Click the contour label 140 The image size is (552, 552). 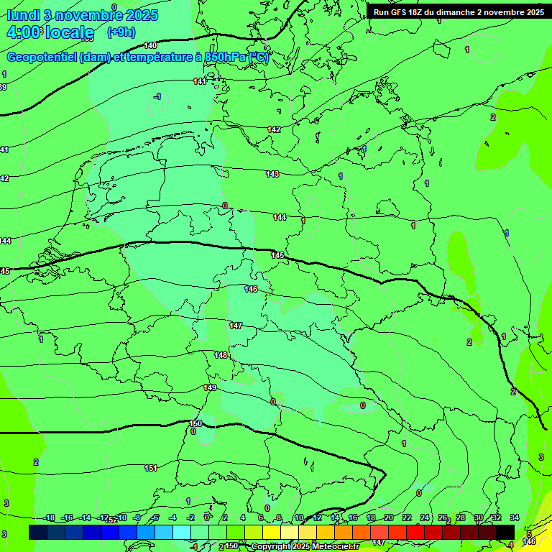[150, 45]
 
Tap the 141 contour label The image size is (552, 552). [200, 81]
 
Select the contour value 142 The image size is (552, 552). [274, 129]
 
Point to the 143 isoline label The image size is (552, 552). [272, 174]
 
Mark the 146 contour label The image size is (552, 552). [251, 289]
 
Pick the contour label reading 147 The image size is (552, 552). [236, 326]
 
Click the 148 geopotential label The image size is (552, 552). [221, 355]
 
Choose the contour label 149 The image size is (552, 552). [210, 387]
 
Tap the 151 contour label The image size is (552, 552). [151, 468]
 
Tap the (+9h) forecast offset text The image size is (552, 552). [121, 32]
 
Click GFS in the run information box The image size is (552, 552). [400, 11]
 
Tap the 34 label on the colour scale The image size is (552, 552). [514, 517]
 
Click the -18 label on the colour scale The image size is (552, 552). [49, 517]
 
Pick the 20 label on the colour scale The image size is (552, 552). [388, 517]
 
